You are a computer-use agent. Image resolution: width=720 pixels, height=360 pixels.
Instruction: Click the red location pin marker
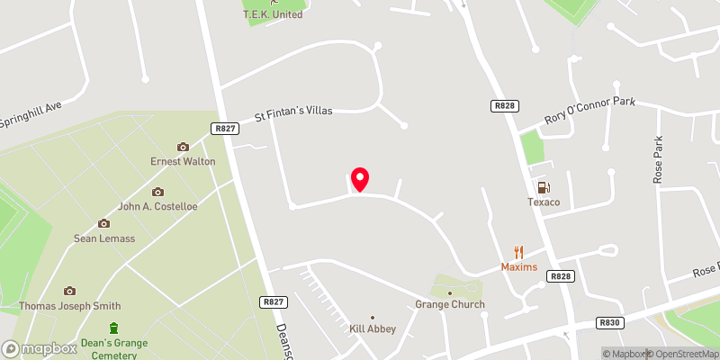[x=360, y=179]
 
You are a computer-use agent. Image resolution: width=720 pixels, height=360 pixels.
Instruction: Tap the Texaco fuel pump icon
[x=544, y=188]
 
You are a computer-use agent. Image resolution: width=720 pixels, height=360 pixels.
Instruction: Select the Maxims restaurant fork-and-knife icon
[x=518, y=253]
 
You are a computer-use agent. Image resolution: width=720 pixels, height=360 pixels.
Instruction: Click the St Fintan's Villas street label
[x=293, y=112]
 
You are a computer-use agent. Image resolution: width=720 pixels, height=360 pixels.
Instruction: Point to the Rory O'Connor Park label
[x=589, y=112]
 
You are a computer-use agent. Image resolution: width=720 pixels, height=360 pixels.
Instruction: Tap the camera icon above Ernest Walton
[x=183, y=147]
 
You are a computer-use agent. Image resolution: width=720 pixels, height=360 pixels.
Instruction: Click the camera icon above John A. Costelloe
[x=157, y=192]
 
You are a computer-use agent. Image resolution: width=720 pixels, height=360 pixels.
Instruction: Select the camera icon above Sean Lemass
[x=103, y=223]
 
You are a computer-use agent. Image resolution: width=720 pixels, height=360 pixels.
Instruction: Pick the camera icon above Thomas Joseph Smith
[x=69, y=291]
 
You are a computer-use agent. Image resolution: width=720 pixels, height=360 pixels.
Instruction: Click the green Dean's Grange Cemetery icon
[x=114, y=328]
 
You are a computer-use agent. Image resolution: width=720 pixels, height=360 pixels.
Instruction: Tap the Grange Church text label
[x=450, y=304]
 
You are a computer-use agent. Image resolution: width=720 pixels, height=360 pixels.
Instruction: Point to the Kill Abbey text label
[x=373, y=329]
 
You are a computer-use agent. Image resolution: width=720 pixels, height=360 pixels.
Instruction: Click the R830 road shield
[x=609, y=321]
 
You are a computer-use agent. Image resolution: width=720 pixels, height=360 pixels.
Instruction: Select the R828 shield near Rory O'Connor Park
[x=504, y=106]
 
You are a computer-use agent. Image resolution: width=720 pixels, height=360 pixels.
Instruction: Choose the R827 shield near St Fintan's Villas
[x=224, y=129]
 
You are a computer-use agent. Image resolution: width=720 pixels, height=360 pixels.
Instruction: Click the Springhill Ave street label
[x=31, y=112]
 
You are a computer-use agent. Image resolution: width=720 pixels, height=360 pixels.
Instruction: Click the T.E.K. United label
[x=274, y=13]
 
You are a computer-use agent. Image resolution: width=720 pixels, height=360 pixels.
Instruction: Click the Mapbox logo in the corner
[x=40, y=348]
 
